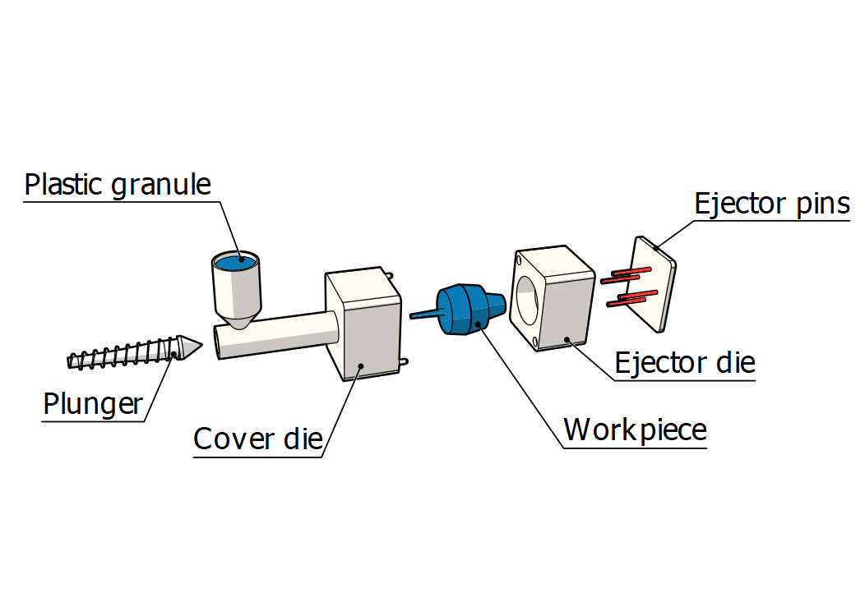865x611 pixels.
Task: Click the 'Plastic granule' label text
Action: [118, 184]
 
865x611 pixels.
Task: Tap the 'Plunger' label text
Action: [92, 404]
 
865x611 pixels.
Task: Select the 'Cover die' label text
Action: [257, 439]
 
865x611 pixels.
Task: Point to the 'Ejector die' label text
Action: [684, 362]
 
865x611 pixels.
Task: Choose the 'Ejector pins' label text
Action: [771, 203]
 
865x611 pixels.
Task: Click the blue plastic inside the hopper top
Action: [236, 262]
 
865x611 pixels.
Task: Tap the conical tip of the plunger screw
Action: [189, 347]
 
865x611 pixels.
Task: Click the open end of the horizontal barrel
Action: [220, 342]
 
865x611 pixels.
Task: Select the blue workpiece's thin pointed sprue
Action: [424, 315]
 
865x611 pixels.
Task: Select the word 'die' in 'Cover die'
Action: [302, 439]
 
